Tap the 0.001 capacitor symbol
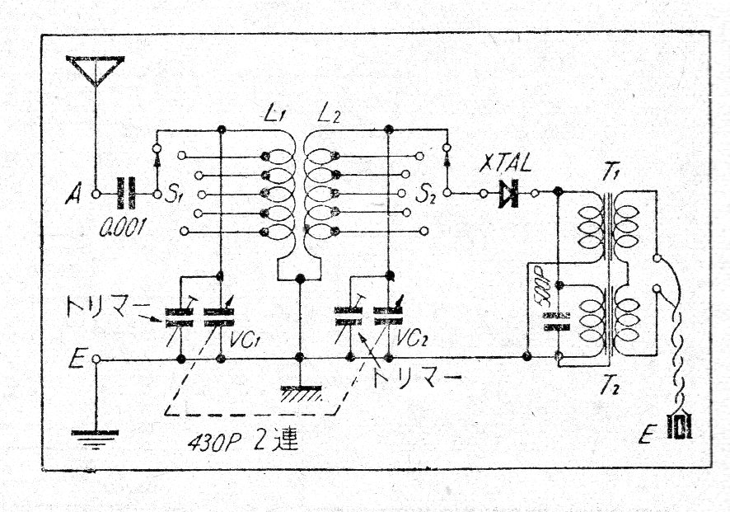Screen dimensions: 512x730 125,195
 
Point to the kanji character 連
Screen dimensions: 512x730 284,439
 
